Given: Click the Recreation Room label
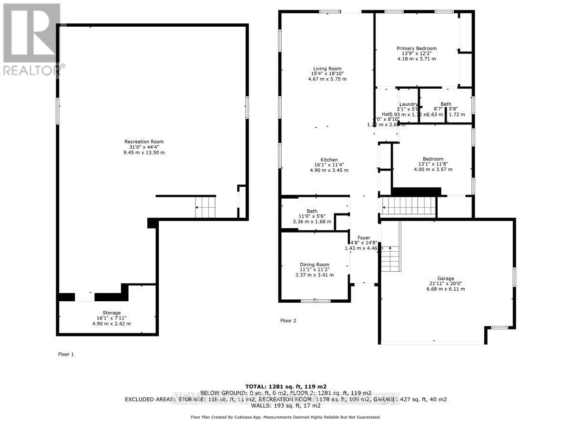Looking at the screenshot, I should [x=144, y=142].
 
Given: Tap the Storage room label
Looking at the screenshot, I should [x=112, y=313].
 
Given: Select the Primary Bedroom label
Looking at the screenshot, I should [x=417, y=48].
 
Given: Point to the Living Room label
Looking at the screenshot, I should [x=327, y=68].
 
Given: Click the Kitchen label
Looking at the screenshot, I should [x=329, y=160].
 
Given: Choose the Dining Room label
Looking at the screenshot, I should [x=314, y=265].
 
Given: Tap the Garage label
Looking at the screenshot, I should [x=446, y=278].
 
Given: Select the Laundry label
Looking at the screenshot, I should [x=409, y=104].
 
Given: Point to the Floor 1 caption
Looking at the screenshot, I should [x=66, y=354].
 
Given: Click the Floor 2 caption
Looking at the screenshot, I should [x=288, y=321].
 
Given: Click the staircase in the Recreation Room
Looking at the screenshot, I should [x=205, y=207].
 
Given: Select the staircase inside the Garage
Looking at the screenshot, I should [x=390, y=258].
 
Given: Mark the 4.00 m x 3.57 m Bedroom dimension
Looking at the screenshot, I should [x=433, y=169].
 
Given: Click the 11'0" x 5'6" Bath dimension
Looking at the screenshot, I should [x=312, y=216].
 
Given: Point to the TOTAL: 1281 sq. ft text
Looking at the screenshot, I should [x=286, y=386].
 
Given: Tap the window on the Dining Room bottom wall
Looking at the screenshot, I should [x=316, y=301].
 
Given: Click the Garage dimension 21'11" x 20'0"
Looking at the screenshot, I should [x=446, y=284].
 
